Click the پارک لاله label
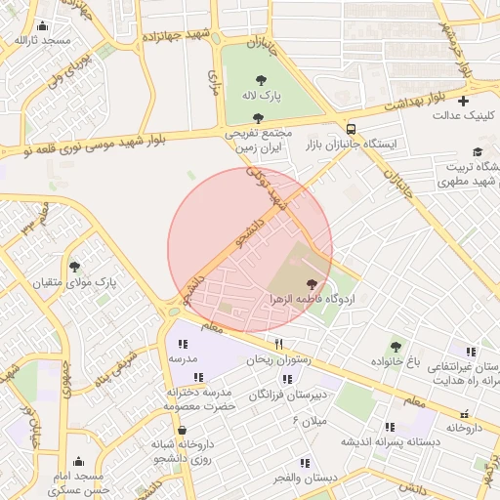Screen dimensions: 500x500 click(x=261, y=98)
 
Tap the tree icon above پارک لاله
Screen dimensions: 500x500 click(x=261, y=81)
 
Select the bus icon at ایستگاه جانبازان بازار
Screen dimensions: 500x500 click(x=351, y=129)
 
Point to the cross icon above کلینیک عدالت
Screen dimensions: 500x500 click(x=463, y=100)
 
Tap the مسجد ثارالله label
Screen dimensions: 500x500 click(x=42, y=40)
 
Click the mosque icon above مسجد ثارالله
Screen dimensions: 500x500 click(x=42, y=25)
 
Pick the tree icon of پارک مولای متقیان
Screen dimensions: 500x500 click(x=74, y=266)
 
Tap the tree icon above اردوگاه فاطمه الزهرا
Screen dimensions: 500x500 click(x=312, y=281)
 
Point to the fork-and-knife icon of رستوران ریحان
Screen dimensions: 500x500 click(x=278, y=344)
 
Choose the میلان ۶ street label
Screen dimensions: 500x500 click(x=308, y=420)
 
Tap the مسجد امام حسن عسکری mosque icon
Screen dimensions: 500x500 click(x=79, y=461)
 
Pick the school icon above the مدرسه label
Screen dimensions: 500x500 click(x=183, y=343)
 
